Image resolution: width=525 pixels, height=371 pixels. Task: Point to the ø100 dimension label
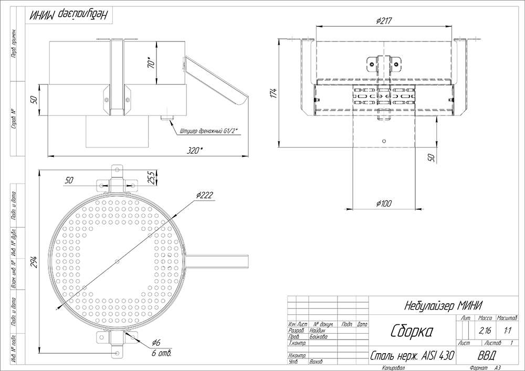tap(383, 204)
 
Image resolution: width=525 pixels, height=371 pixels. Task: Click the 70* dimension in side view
tap(151, 62)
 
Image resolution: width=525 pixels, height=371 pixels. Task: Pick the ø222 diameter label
tap(205, 195)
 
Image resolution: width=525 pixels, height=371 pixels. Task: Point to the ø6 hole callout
tap(155, 343)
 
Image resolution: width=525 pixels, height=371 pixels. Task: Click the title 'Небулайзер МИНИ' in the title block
tap(444, 305)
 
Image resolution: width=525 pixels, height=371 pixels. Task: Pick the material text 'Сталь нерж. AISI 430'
tap(412, 356)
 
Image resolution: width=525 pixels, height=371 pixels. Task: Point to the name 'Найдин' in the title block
tap(319, 331)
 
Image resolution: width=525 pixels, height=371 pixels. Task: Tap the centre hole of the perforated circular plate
tap(118, 261)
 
